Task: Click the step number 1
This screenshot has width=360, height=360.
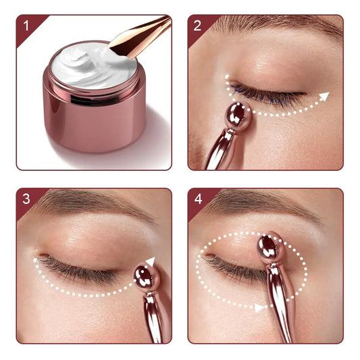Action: click(26, 26)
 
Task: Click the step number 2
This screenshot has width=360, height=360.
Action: click(197, 26)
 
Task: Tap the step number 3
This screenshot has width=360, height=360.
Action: click(26, 199)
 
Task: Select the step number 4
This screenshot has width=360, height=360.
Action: click(198, 199)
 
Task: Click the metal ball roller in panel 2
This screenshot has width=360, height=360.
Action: click(238, 116)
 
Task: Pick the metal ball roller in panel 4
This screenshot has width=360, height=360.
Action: click(271, 247)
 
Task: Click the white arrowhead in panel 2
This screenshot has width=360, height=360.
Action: click(324, 97)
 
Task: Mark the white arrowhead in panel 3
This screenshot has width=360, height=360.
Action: click(151, 262)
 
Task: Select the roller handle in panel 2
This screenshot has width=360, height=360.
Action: click(220, 149)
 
